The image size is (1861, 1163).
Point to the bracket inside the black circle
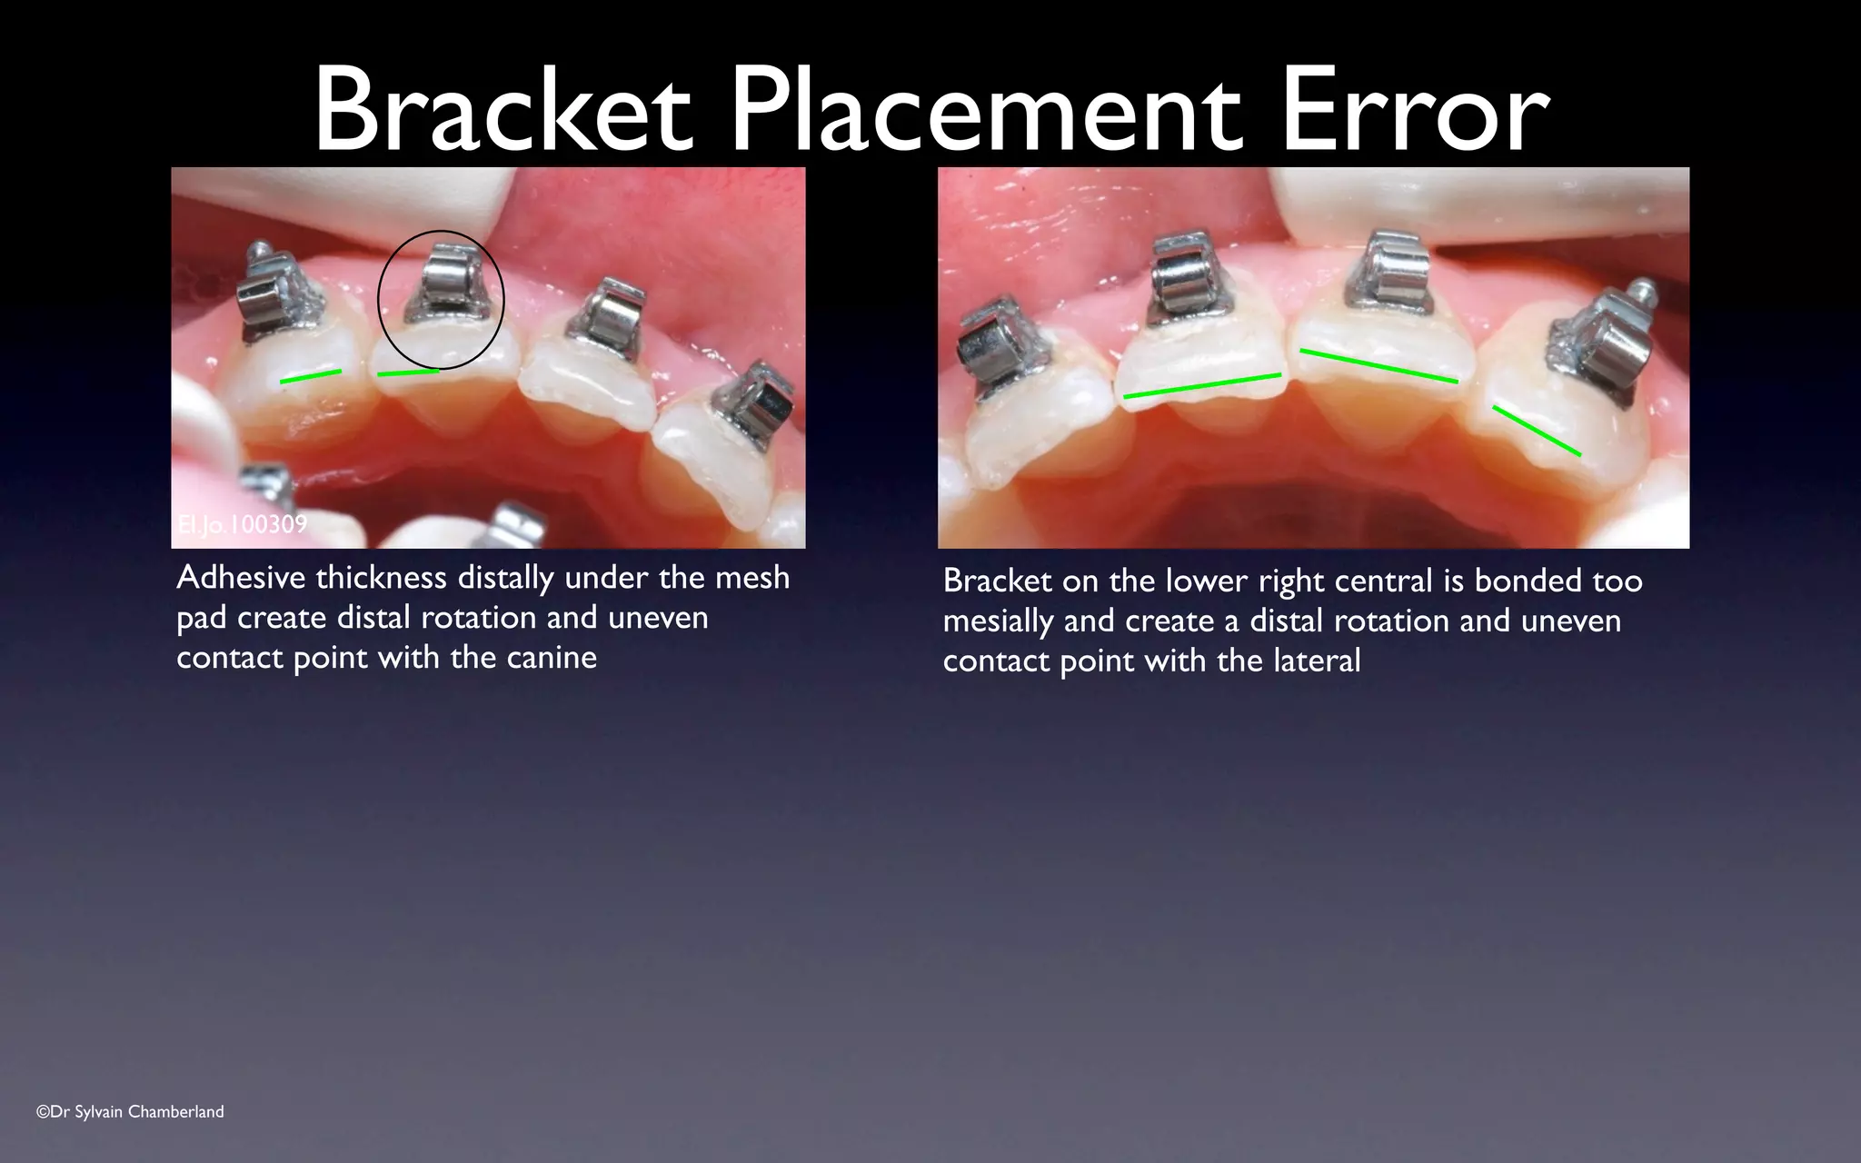point(443,283)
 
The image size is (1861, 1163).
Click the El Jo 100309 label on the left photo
point(243,524)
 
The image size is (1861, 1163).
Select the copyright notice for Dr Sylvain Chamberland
point(130,1111)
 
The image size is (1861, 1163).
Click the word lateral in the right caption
point(1317,661)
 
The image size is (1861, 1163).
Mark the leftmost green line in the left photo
point(311,376)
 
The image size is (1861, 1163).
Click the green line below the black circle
point(408,372)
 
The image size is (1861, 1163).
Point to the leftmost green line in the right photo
point(1202,385)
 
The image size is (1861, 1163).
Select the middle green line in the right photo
point(1378,365)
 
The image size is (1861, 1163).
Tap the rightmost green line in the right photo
point(1537,431)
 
